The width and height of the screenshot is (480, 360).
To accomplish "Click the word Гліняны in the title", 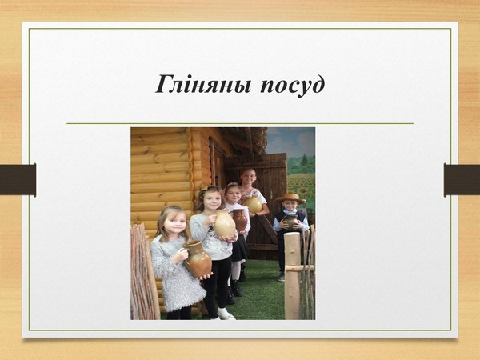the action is (203, 85).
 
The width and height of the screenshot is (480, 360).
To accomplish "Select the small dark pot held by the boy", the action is (290, 221).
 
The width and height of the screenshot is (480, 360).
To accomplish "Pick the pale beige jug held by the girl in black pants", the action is (224, 224).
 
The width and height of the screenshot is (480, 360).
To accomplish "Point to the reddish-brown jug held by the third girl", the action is (240, 219).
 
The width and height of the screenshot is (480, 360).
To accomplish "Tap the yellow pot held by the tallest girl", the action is (253, 204).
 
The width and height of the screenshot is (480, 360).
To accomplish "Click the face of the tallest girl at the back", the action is (248, 178).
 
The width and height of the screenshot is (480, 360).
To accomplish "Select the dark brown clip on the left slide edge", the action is (18, 180).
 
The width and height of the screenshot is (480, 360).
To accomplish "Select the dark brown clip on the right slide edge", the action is (462, 180).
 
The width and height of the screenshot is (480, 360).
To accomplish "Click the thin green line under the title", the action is (240, 124).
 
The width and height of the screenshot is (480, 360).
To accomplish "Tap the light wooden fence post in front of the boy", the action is (292, 276).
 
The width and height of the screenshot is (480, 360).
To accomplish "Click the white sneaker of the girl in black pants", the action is (226, 314).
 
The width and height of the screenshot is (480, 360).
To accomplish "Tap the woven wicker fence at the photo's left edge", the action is (145, 272).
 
